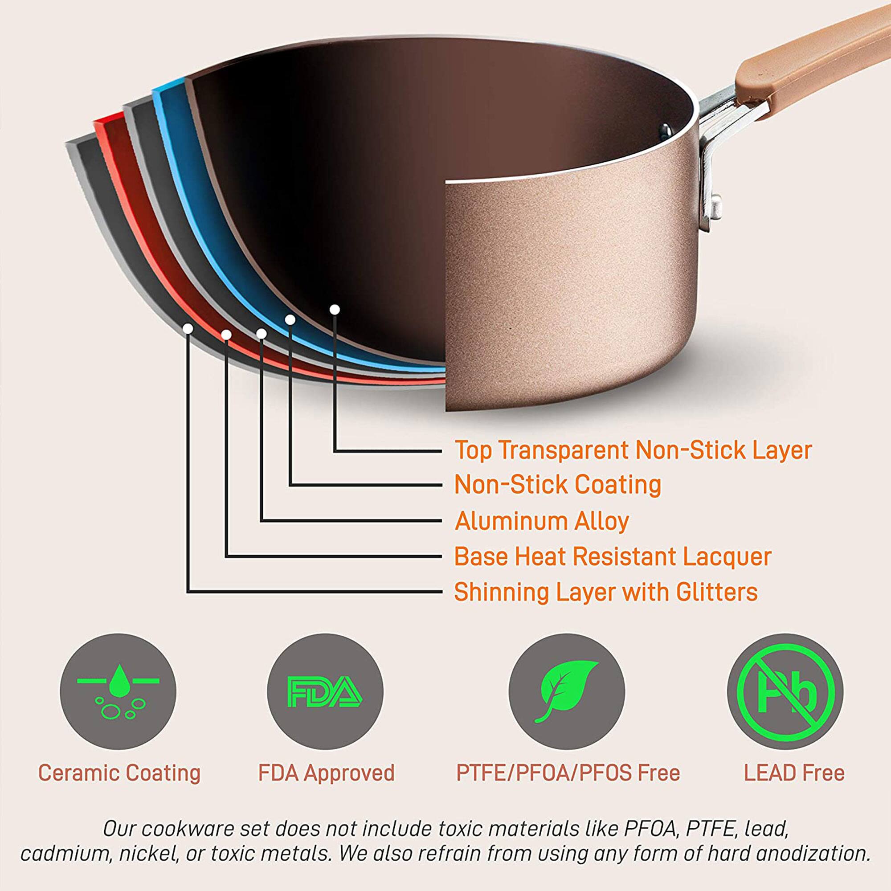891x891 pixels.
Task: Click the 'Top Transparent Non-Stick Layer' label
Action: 633,450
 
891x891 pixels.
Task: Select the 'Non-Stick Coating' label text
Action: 558,485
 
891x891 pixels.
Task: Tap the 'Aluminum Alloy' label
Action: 542,521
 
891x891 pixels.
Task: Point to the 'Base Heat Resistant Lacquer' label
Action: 613,556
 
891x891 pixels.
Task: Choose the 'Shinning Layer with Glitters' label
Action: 605,592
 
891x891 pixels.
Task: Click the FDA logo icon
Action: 325,692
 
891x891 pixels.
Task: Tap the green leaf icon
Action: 567,691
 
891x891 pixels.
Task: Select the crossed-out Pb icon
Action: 785,692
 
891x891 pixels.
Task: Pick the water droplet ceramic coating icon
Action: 118,692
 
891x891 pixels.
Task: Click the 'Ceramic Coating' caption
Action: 119,773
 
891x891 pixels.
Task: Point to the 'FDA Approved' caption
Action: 326,773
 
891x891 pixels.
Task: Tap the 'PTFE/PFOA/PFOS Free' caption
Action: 568,773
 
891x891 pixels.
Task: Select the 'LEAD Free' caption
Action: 794,773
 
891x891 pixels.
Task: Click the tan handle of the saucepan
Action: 812,55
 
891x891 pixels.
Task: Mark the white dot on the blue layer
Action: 290,319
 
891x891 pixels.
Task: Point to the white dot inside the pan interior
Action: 335,310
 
